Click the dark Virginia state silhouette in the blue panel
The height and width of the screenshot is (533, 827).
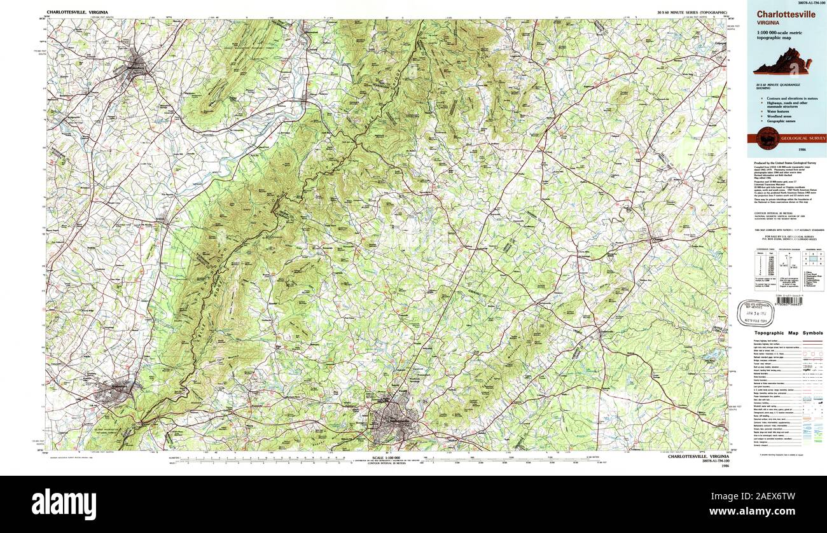pyautogui.click(x=787, y=62)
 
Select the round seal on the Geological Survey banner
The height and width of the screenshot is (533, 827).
pyautogui.click(x=765, y=137)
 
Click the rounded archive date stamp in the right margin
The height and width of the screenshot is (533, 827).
pyautogui.click(x=755, y=313)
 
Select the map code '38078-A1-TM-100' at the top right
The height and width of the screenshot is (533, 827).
pyautogui.click(x=807, y=3)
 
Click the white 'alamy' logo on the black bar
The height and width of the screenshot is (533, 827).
pyautogui.click(x=64, y=501)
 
